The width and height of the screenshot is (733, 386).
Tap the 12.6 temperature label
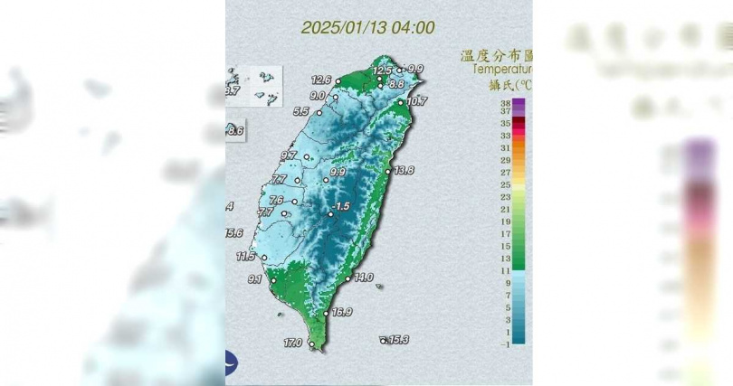[x=321, y=80]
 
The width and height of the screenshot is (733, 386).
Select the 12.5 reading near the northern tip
[x=383, y=71]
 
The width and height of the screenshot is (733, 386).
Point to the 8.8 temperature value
[x=395, y=84]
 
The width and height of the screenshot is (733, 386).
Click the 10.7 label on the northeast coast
[x=416, y=101]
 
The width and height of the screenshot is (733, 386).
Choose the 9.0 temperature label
[x=318, y=95]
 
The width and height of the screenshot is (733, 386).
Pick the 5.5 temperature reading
[x=301, y=112]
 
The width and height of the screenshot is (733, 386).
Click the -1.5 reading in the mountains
[x=341, y=207]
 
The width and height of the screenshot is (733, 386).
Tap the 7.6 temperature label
[x=277, y=201]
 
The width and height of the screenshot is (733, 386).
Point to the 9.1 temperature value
[x=254, y=279]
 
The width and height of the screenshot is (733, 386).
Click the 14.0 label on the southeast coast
[x=364, y=278]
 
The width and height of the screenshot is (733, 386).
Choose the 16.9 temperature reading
[x=342, y=313]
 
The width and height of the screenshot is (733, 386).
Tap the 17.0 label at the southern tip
[x=292, y=344]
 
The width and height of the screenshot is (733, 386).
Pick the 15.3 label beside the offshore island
[x=399, y=340]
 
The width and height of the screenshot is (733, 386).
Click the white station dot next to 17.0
[x=311, y=344]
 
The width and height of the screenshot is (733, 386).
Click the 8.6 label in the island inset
[x=236, y=132]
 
